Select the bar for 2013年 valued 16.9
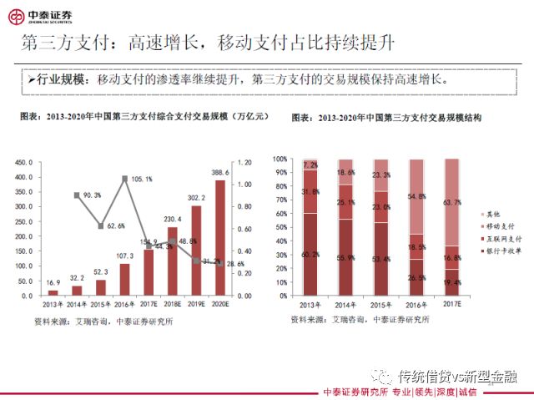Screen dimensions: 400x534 (53, 292)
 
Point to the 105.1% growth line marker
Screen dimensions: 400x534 (124, 178)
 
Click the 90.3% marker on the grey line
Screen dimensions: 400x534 (77, 195)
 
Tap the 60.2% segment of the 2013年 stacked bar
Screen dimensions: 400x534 (310, 255)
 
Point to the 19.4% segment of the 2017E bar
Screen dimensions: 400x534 (451, 282)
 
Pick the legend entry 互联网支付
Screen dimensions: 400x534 (499, 238)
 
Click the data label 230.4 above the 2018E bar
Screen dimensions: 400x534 (174, 220)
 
